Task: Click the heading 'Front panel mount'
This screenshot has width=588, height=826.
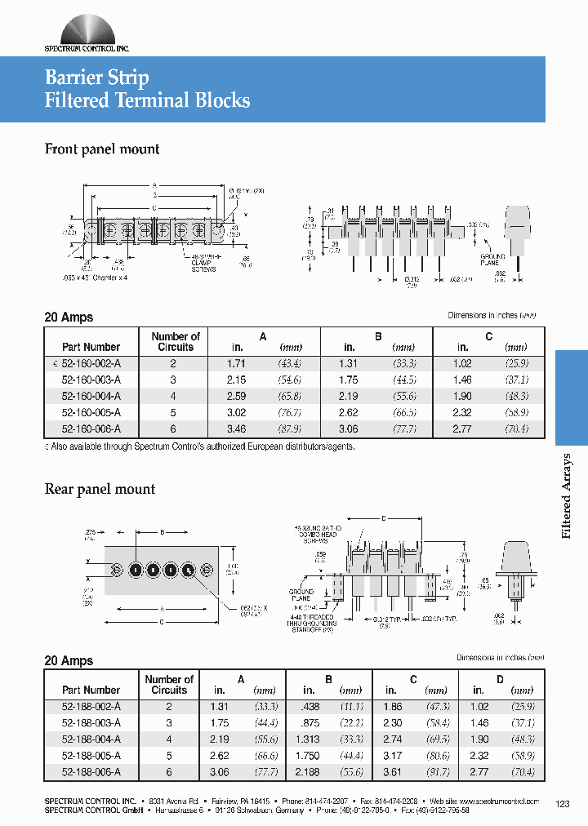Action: click(x=101, y=149)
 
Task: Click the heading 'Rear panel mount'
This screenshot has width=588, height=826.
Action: click(x=99, y=489)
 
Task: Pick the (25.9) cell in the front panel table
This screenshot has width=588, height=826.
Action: click(x=516, y=362)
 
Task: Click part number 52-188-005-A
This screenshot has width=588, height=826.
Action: click(x=91, y=755)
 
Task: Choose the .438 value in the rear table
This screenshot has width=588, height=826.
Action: click(x=309, y=706)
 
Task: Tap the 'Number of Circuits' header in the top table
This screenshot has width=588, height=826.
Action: click(x=176, y=341)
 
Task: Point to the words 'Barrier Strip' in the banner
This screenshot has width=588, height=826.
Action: click(x=96, y=78)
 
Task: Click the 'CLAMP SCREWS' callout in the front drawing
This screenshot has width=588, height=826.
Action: click(x=203, y=266)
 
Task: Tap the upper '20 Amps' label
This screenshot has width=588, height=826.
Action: click(x=69, y=318)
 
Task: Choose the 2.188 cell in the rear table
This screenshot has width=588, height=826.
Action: click(x=309, y=771)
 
